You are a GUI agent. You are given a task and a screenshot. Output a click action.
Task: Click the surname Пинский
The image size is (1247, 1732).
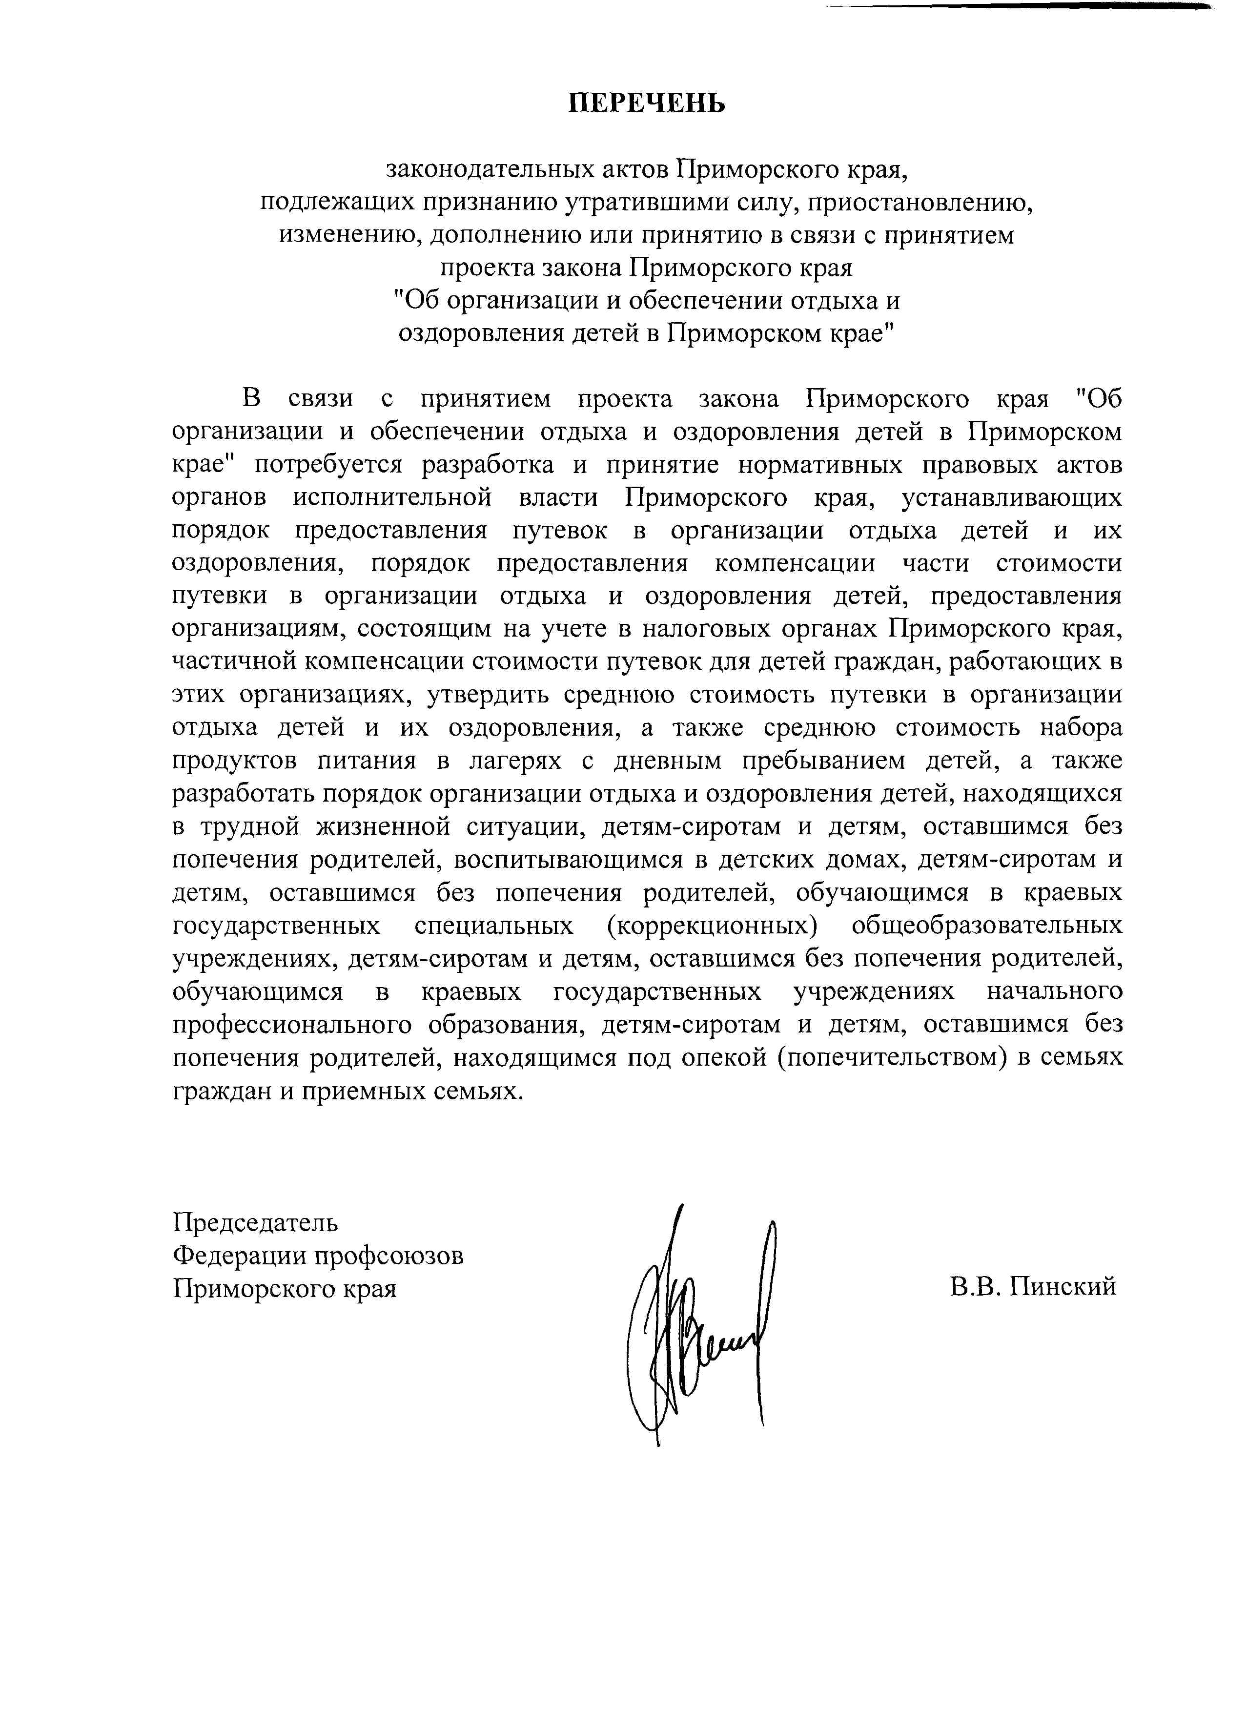[x=1063, y=1287]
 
